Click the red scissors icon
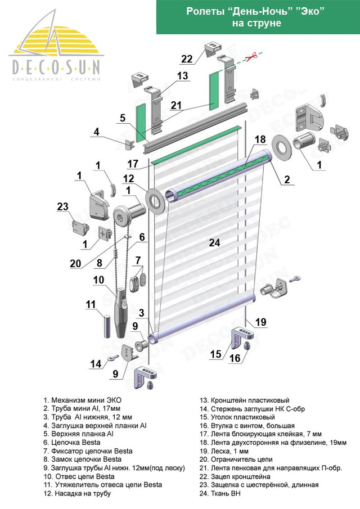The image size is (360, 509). [x=251, y=55]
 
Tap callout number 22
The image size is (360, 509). [x=187, y=58]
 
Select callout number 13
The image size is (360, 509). [x=182, y=75]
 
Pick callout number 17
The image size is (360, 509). [x=133, y=164]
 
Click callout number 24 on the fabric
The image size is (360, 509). [x=213, y=243]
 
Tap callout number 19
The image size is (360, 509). [x=260, y=322]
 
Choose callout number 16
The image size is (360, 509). [x=235, y=358]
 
